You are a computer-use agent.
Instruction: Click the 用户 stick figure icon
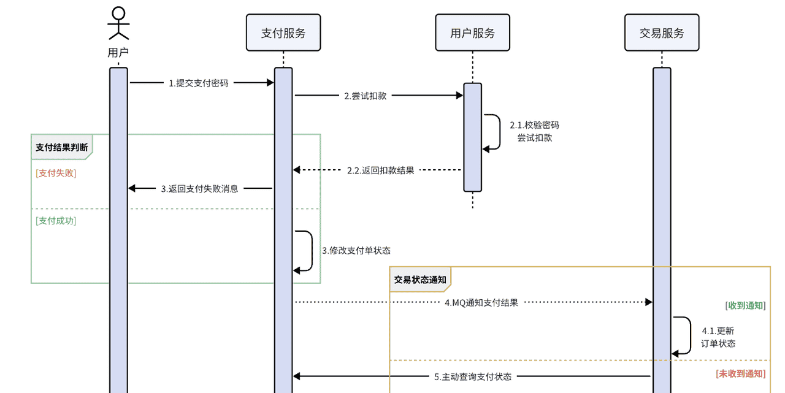pyautogui.click(x=118, y=23)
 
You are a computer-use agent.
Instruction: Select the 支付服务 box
pyautogui.click(x=283, y=33)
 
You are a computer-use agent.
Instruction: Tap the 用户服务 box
pyautogui.click(x=472, y=33)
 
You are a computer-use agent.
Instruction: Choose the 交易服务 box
pyautogui.click(x=662, y=33)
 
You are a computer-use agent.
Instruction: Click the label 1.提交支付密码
pyautogui.click(x=199, y=83)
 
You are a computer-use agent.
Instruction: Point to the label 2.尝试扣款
pyautogui.click(x=366, y=96)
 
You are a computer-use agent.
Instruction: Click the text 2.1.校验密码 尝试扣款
pyautogui.click(x=534, y=131)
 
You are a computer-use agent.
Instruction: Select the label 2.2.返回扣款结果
pyautogui.click(x=380, y=170)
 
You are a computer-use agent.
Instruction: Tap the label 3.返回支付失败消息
pyautogui.click(x=200, y=189)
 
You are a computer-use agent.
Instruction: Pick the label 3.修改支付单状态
pyautogui.click(x=356, y=251)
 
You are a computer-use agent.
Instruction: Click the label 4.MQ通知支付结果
pyautogui.click(x=481, y=302)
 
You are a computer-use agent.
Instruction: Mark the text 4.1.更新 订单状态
pyautogui.click(x=718, y=337)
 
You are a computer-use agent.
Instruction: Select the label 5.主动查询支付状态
pyautogui.click(x=473, y=376)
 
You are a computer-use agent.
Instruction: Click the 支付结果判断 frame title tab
pyautogui.click(x=61, y=147)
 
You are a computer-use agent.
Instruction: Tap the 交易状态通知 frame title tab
pyautogui.click(x=420, y=280)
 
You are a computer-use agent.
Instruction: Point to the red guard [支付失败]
pyautogui.click(x=56, y=173)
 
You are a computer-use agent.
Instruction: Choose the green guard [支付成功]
pyautogui.click(x=56, y=221)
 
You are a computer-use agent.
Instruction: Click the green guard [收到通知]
pyautogui.click(x=745, y=305)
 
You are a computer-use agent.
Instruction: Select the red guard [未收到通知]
pyautogui.click(x=741, y=373)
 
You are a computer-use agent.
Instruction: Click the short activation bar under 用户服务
pyautogui.click(x=472, y=137)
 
